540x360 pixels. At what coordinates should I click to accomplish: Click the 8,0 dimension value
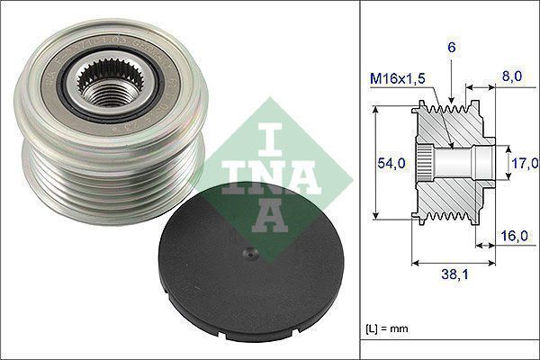(513, 78)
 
